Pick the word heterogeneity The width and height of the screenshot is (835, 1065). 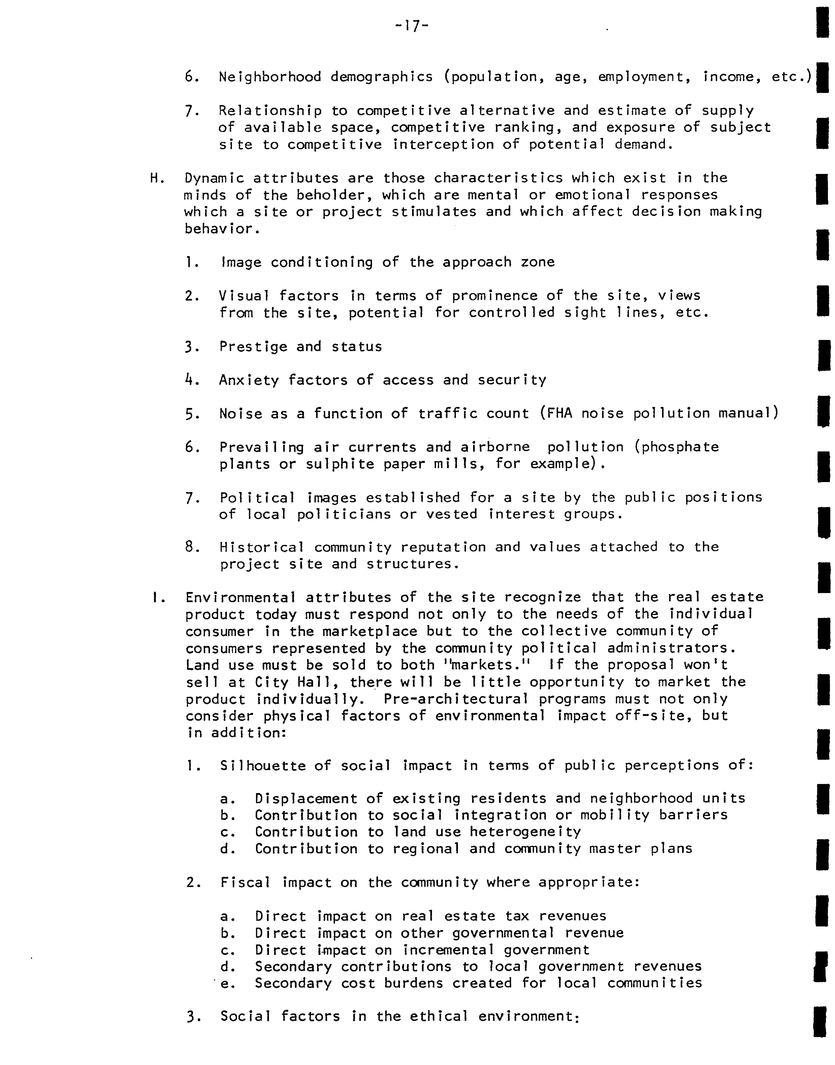pyautogui.click(x=525, y=832)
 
